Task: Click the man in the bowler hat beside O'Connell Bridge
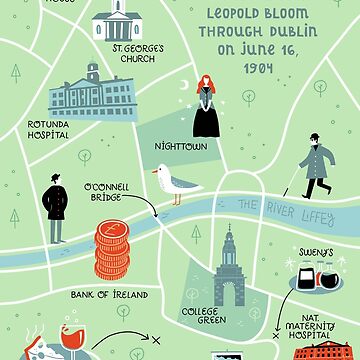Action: coord(56,207)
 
